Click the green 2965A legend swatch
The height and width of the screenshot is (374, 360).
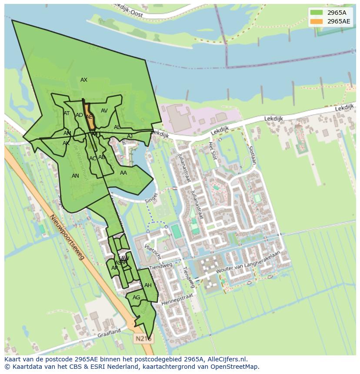[x=316, y=13]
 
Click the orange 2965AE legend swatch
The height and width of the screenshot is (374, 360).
[x=316, y=21]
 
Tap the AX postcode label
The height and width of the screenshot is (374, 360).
[x=84, y=80]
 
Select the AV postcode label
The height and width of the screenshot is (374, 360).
[x=104, y=111]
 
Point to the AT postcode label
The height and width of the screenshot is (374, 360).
[x=67, y=113]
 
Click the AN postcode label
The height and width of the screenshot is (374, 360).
[x=75, y=176]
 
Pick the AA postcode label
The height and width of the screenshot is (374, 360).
[x=123, y=173]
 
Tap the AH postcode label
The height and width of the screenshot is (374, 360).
[x=148, y=285]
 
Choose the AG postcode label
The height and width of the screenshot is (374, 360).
[x=137, y=298]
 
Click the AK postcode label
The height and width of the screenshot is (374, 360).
[x=66, y=143]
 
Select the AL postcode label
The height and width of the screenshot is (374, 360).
[x=117, y=127]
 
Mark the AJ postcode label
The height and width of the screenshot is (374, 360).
[x=130, y=136]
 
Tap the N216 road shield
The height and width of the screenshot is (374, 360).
[x=143, y=338]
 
